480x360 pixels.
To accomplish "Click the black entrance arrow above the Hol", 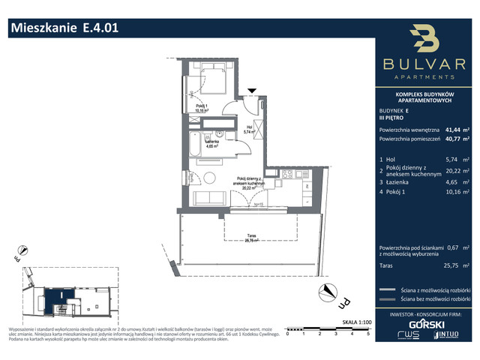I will (252, 91).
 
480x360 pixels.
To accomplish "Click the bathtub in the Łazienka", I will (197, 144).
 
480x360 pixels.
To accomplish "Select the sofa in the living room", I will (209, 199).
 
